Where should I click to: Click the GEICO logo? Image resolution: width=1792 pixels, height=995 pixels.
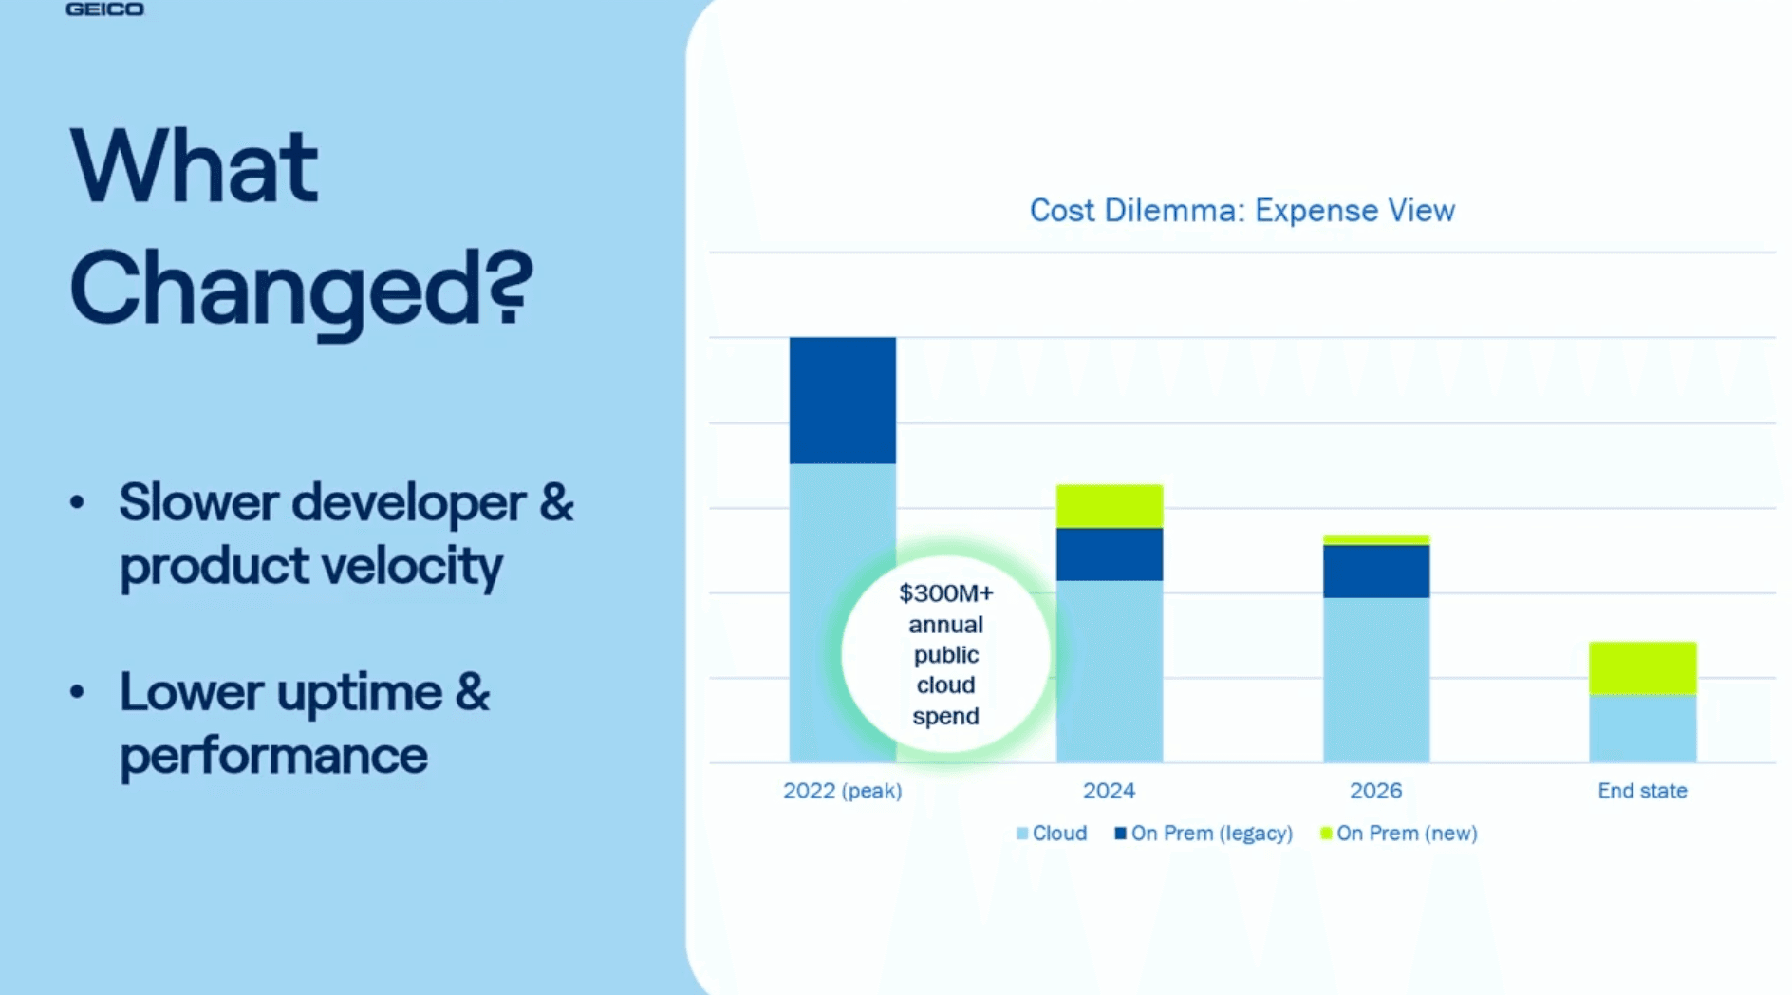[x=104, y=9]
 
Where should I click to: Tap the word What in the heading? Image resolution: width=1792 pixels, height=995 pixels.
[x=194, y=168]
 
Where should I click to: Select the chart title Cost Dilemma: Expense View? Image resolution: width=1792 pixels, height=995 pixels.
[x=1241, y=210]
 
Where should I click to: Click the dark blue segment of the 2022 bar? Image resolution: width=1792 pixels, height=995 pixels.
[x=842, y=400]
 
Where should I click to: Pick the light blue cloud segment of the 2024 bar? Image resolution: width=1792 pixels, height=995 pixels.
[x=1109, y=670]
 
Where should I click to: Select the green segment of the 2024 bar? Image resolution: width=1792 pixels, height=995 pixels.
[x=1109, y=506]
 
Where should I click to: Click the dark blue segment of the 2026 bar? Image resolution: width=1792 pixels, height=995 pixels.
[x=1375, y=571]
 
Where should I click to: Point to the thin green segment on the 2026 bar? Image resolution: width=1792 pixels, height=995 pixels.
[x=1375, y=539]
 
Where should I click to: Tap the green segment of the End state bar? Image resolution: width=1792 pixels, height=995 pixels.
[x=1642, y=668]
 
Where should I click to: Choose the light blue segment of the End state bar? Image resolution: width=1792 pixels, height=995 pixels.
[x=1642, y=728]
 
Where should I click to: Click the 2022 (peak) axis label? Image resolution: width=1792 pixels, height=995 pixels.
[x=842, y=790]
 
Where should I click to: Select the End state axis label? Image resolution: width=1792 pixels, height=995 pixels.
[x=1642, y=790]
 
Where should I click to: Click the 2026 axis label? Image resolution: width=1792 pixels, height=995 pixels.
[x=1375, y=790]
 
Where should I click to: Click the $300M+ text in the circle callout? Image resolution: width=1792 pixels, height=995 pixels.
[x=945, y=593]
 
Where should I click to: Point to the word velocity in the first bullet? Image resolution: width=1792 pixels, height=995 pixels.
[x=412, y=567]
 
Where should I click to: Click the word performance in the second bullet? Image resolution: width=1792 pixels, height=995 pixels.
[x=273, y=756]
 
